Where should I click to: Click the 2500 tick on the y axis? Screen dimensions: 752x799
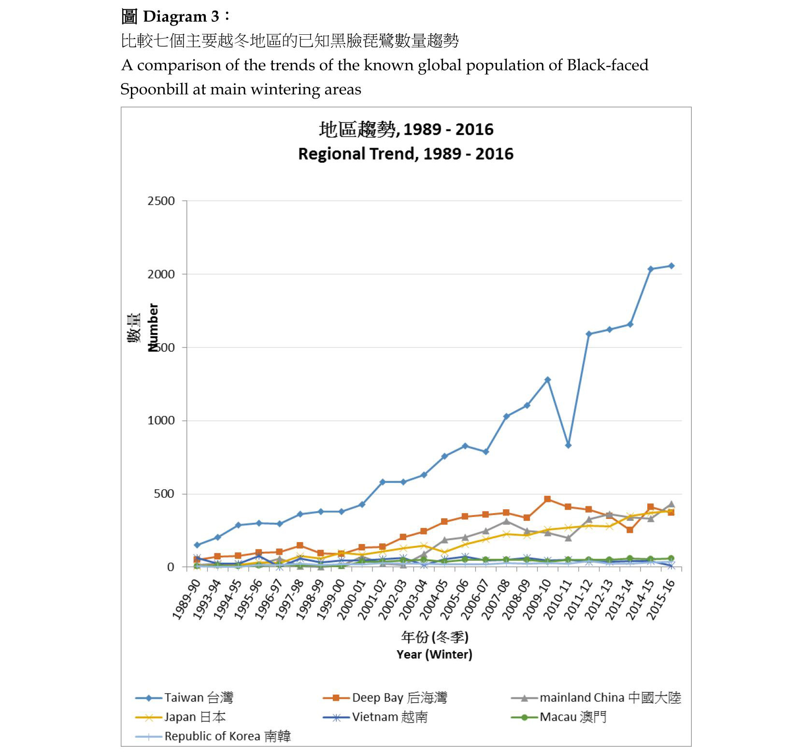click(161, 201)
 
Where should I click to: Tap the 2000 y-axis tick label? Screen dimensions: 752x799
click(161, 274)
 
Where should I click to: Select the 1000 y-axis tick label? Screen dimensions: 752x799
click(161, 420)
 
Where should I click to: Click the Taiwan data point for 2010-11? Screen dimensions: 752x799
click(568, 446)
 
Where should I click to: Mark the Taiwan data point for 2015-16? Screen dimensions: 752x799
click(671, 266)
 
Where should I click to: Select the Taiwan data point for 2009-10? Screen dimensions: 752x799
click(547, 380)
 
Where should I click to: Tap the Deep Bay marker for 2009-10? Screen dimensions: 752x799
click(547, 499)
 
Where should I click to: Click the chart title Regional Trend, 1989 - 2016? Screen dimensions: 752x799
click(406, 154)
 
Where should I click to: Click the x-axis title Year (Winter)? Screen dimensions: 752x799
click(434, 655)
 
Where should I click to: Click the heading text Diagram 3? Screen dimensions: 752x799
click(181, 16)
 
